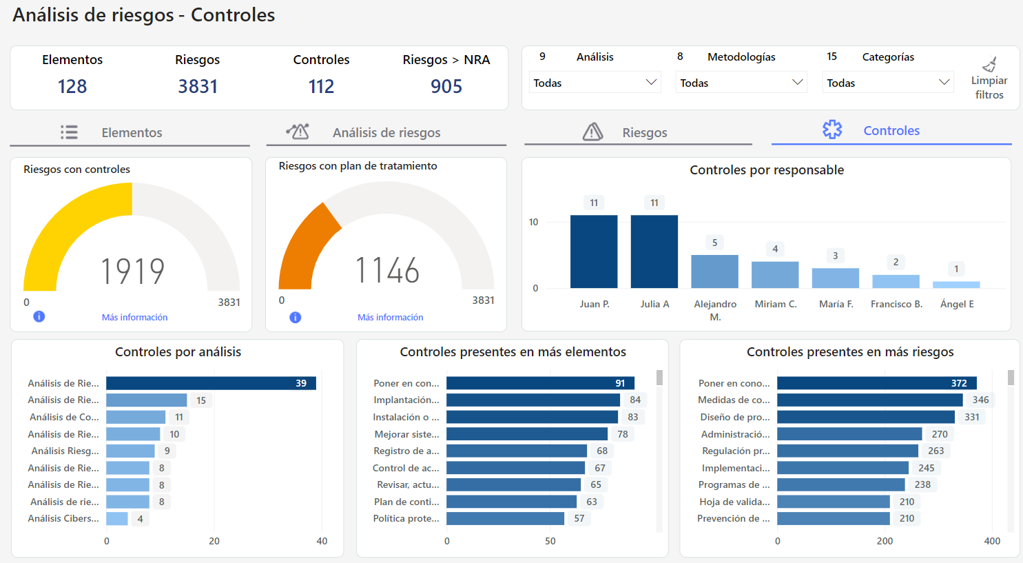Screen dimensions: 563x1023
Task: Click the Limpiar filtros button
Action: click(989, 79)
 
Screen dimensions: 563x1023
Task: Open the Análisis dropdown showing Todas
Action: click(595, 83)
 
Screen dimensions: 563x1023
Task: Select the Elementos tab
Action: click(130, 132)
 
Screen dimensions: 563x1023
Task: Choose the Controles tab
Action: click(891, 130)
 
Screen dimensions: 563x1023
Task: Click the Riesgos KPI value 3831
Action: click(198, 86)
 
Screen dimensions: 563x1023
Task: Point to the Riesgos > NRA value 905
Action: click(446, 86)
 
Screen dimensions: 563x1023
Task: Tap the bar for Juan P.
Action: click(594, 252)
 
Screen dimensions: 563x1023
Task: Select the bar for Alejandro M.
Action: click(714, 272)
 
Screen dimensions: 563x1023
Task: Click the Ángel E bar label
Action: click(957, 304)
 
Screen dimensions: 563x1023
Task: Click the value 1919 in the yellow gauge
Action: click(133, 271)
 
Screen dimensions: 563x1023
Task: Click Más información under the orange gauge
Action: click(390, 317)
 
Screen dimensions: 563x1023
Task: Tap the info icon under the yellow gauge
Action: click(39, 316)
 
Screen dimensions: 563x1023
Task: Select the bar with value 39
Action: click(211, 383)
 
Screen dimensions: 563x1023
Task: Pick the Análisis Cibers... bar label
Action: click(63, 518)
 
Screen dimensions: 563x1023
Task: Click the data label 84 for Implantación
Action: click(635, 400)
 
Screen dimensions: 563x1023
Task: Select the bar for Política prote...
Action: click(505, 518)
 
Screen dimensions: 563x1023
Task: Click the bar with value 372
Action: click(876, 383)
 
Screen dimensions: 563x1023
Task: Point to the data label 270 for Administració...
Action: click(940, 434)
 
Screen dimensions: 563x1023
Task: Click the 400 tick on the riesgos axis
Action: click(992, 541)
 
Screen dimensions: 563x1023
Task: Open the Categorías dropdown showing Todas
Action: click(888, 83)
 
